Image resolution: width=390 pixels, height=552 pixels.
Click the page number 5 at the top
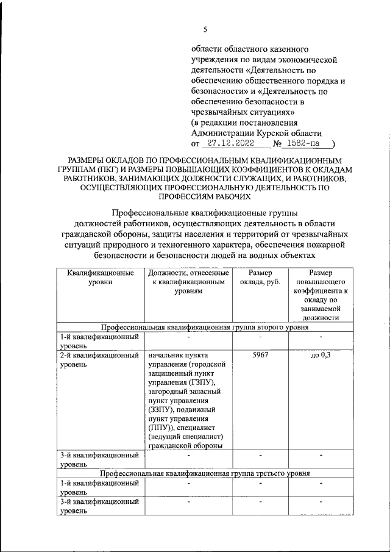pyautogui.click(x=205, y=29)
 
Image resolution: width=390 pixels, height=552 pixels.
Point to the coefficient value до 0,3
pyautogui.click(x=320, y=355)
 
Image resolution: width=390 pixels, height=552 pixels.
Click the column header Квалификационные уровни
pyautogui.click(x=100, y=278)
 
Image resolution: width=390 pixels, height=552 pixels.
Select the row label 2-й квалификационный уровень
pyautogui.click(x=100, y=359)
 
